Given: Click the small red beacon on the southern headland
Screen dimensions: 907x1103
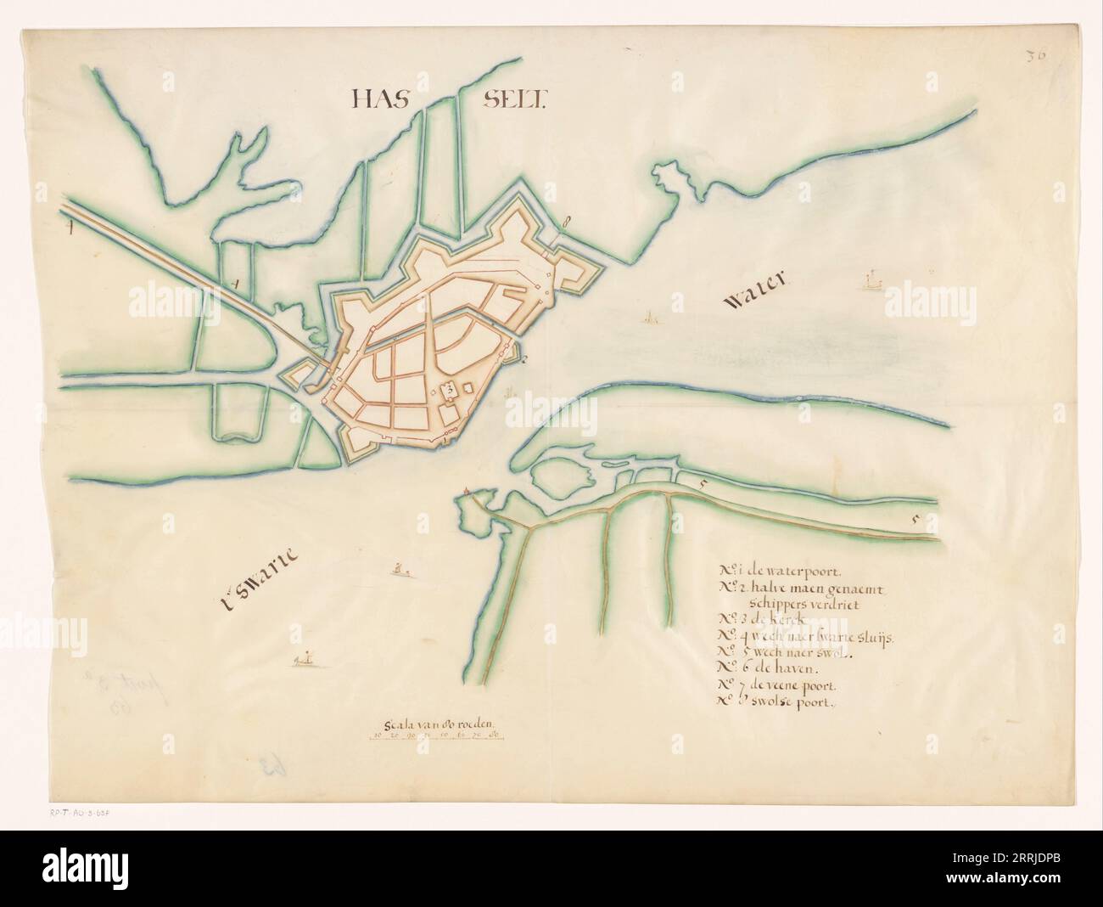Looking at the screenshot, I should (x=468, y=491).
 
